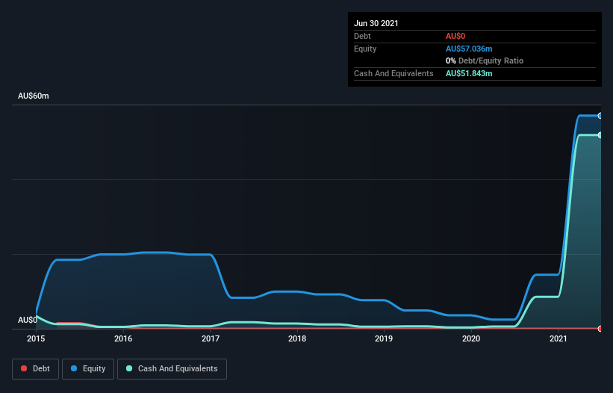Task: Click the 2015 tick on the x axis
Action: (x=36, y=339)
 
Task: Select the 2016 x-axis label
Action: (x=123, y=339)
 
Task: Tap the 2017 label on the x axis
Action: (x=211, y=339)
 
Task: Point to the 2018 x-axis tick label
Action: (x=297, y=339)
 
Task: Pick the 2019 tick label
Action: (x=384, y=339)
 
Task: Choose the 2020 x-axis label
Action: (x=471, y=339)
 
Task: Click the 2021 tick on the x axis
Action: (x=558, y=339)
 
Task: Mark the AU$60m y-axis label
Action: (x=34, y=96)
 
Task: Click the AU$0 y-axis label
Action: (x=28, y=320)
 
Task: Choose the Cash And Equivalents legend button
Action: (x=172, y=368)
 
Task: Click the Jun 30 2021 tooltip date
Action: (x=376, y=23)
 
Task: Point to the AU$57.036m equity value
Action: (x=469, y=49)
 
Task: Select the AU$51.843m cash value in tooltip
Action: (x=469, y=73)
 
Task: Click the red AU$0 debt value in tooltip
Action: (x=455, y=36)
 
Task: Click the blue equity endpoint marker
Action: (x=600, y=116)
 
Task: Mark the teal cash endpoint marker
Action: (x=600, y=135)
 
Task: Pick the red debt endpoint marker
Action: (x=600, y=328)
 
